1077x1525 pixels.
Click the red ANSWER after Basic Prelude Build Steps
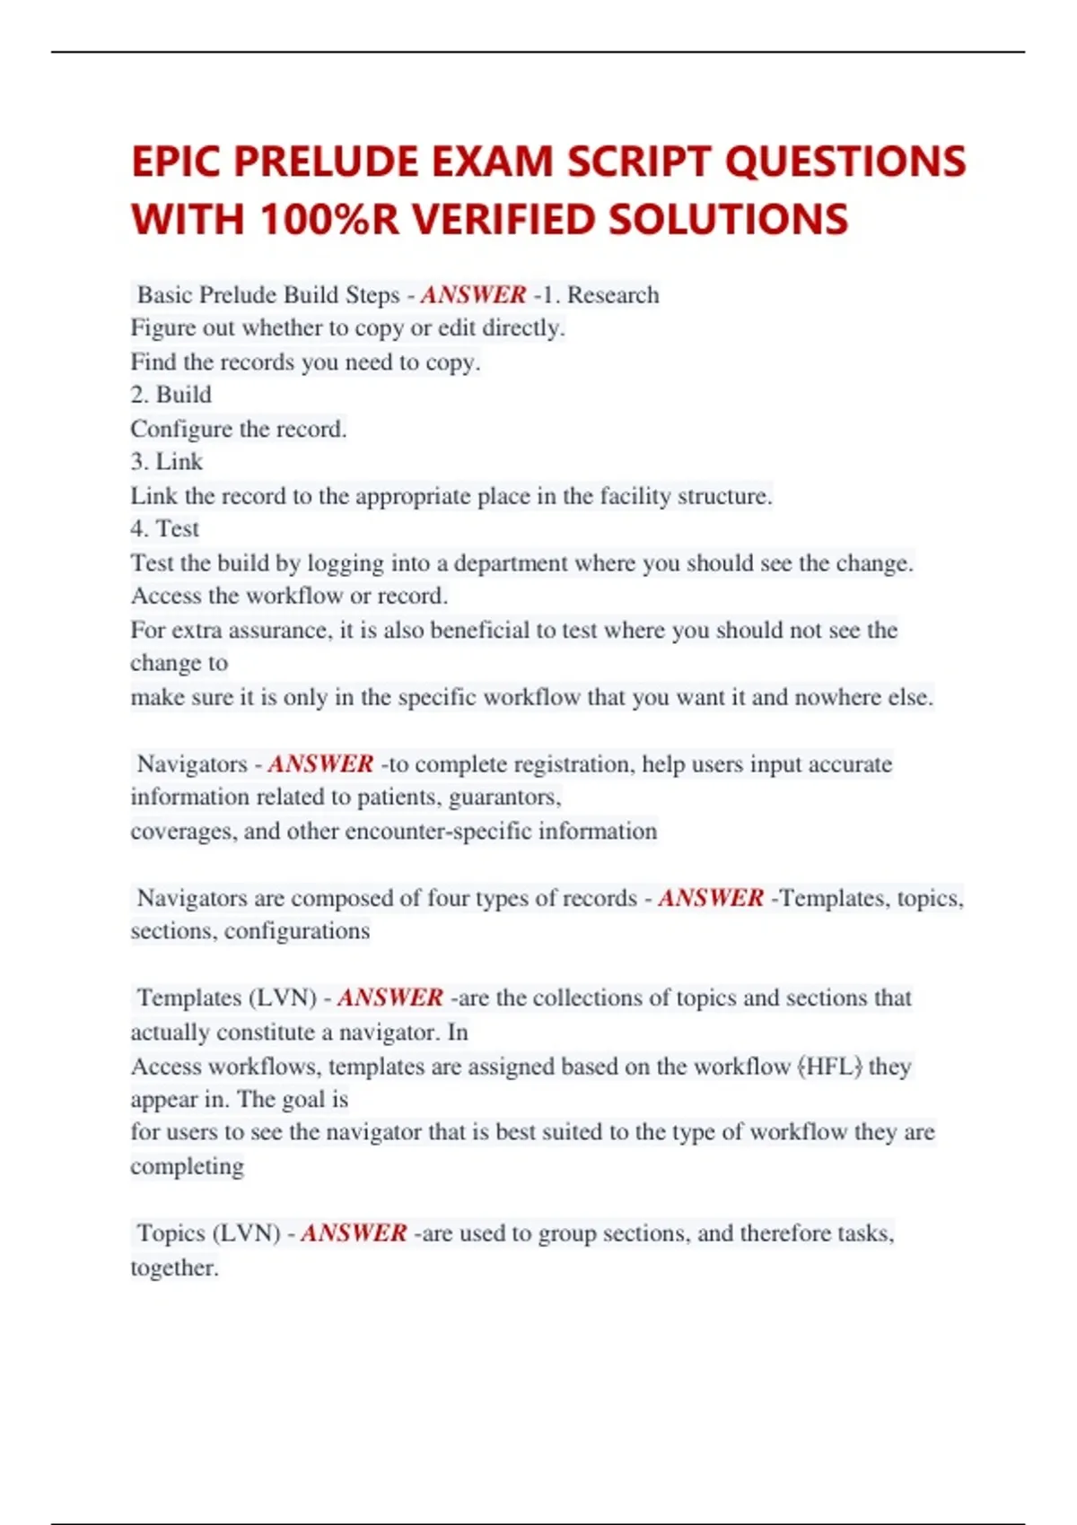click(473, 294)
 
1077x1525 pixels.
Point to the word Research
click(613, 294)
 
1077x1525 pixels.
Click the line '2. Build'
click(171, 395)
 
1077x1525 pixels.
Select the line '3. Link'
click(167, 462)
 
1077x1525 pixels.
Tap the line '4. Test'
click(165, 528)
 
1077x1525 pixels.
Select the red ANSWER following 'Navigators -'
click(320, 763)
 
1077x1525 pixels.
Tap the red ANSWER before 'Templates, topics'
click(710, 897)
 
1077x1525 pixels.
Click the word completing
click(187, 1166)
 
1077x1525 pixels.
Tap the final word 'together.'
click(174, 1268)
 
